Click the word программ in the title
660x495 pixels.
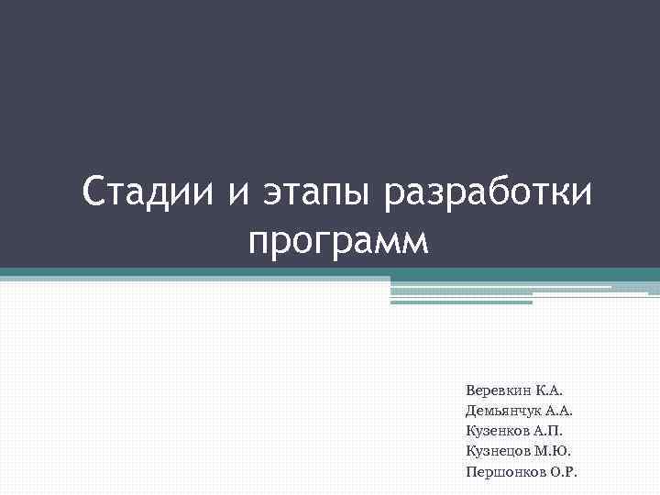click(337, 242)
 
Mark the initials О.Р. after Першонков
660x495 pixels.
click(562, 472)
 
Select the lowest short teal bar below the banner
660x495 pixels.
click(461, 302)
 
